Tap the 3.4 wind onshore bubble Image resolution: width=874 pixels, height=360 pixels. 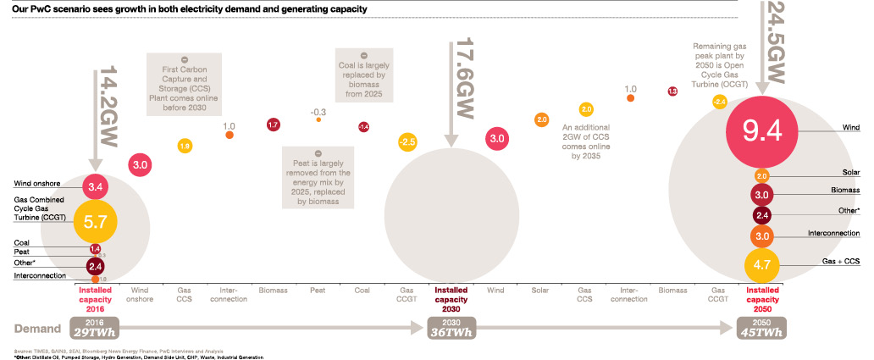click(95, 186)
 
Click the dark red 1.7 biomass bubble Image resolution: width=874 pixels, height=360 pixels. click(274, 125)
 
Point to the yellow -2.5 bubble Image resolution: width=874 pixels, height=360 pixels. click(408, 141)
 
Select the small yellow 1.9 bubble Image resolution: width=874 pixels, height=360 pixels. click(184, 146)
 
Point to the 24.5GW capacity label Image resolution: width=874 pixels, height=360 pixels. click(773, 42)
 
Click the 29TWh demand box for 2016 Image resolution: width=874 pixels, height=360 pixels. click(95, 329)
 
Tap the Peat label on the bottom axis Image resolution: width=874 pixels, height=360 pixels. click(318, 290)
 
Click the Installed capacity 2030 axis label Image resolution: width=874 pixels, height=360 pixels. click(450, 299)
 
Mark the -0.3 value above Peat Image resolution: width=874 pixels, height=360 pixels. click(318, 111)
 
